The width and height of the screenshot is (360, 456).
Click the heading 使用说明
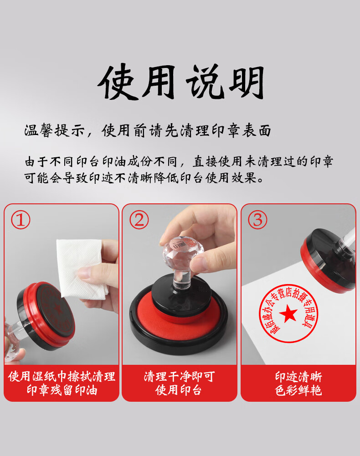tap(181, 82)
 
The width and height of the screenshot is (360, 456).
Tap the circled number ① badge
tap(21, 220)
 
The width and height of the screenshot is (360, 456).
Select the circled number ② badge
tap(139, 220)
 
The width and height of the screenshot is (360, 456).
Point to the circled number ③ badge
tap(257, 220)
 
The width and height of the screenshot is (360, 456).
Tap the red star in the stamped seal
tap(288, 314)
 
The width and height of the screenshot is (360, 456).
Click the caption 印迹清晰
tap(298, 377)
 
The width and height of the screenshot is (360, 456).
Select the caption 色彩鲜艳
tap(298, 390)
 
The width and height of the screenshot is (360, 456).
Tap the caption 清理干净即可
tap(179, 377)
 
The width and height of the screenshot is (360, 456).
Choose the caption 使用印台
tap(178, 390)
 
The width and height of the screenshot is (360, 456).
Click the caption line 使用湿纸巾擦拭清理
tap(62, 377)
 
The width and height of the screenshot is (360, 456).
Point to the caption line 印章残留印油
tap(62, 390)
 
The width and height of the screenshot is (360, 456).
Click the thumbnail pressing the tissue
tap(87, 274)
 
